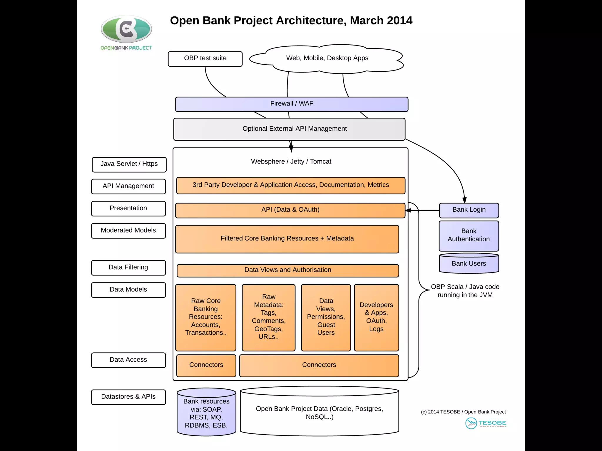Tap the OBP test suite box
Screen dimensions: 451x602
pos(205,59)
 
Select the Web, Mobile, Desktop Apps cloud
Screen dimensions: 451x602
pos(327,58)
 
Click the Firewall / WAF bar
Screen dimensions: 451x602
pos(292,104)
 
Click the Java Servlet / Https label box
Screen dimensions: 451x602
pos(129,164)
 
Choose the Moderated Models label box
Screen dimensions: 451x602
pos(128,230)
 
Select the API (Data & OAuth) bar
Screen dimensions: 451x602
pos(290,210)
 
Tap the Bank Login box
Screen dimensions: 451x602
pos(469,210)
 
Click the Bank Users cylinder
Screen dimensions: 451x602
pos(469,263)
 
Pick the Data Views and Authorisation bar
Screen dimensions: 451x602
pos(288,270)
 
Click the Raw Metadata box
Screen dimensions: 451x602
pos(269,317)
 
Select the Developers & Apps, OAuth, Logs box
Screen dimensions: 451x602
pos(376,317)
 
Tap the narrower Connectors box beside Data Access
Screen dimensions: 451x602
pos(206,365)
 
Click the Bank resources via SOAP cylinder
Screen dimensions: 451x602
pos(206,413)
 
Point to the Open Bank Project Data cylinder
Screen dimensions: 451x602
pos(320,412)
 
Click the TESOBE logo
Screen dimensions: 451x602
pos(486,423)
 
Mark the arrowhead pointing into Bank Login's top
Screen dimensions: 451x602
pos(464,200)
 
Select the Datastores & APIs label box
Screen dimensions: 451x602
pos(128,397)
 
